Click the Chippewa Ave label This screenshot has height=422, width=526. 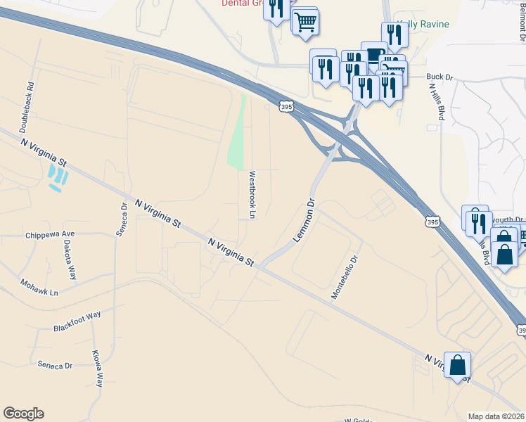coord(50,235)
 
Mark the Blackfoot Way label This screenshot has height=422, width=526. coord(77,323)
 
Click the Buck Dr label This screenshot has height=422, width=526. coord(439,77)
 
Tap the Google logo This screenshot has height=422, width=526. coord(23,414)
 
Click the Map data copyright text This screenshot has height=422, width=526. coord(496,416)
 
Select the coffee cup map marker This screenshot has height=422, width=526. coord(374,54)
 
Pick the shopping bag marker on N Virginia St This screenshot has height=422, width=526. coord(457,365)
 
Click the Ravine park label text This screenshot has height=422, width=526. coord(426,25)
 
